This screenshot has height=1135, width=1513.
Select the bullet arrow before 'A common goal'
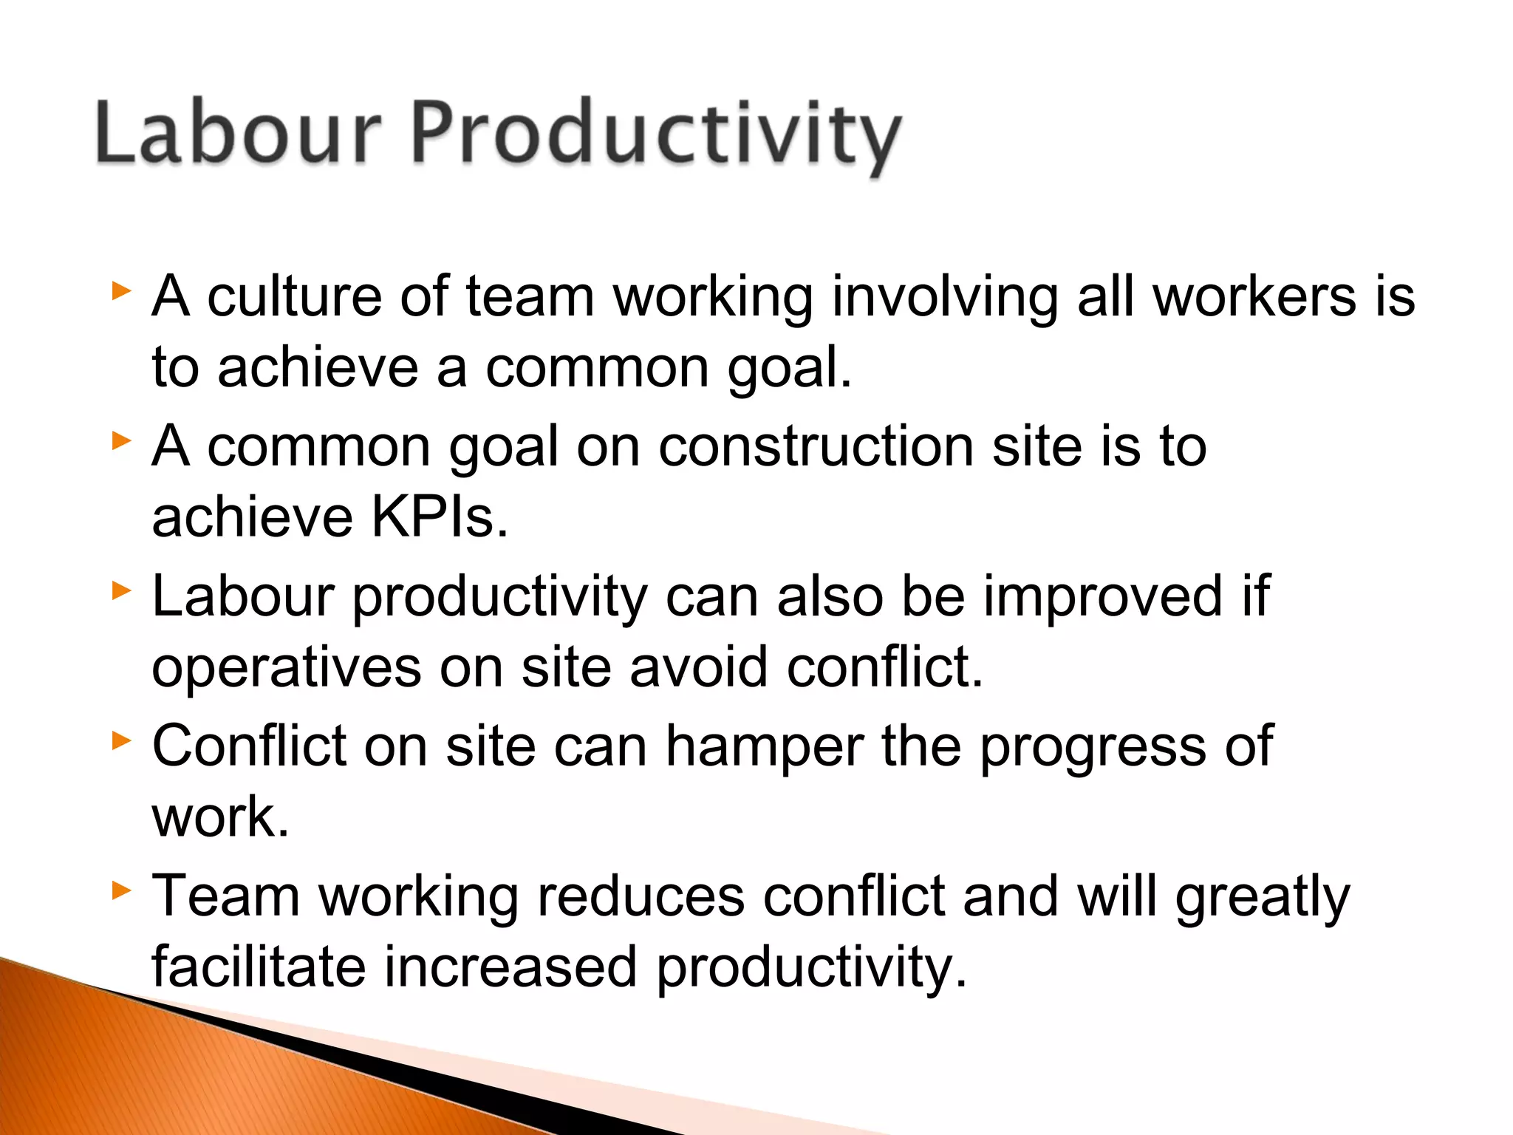(121, 441)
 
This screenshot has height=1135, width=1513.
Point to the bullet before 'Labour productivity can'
(121, 590)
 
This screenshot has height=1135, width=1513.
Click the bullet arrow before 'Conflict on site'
(121, 740)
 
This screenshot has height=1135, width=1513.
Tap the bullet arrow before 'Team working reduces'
(121, 890)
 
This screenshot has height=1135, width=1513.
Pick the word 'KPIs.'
(440, 517)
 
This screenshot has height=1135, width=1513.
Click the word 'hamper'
(764, 747)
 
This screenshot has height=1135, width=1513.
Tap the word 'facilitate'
(259, 967)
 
